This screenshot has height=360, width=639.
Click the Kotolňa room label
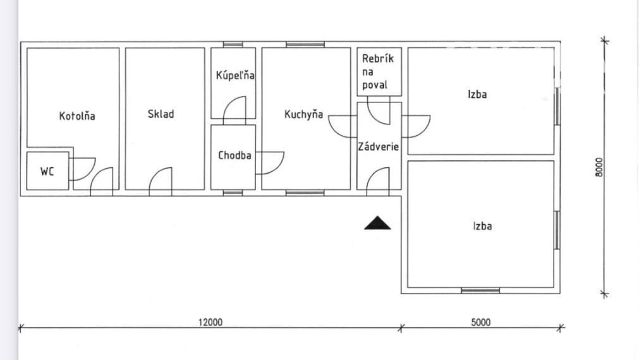coord(77,116)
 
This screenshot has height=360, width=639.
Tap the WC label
coord(47,171)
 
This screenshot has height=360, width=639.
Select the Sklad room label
coord(161,114)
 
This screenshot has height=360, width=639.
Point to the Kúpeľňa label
coord(235,75)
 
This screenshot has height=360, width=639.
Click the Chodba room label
coord(234,155)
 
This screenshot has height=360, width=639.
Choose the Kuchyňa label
coord(303,114)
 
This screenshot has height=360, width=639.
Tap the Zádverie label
coord(378,146)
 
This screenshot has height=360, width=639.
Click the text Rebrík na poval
coord(378,71)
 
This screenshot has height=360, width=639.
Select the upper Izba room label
coord(477,94)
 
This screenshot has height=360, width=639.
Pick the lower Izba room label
coord(482,226)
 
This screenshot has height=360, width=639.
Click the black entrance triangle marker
coord(377,223)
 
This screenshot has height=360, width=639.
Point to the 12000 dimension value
coord(210,322)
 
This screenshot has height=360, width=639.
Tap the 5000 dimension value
coord(481,322)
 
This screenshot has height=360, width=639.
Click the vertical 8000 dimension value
coord(599,167)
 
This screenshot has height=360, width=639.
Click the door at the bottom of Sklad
coord(160,182)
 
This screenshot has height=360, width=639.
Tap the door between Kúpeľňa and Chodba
coord(234,111)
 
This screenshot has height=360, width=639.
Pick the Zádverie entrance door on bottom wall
coord(378,182)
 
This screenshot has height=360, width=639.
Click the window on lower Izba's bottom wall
coord(480,291)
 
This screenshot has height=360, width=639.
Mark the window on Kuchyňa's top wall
coord(305,44)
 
